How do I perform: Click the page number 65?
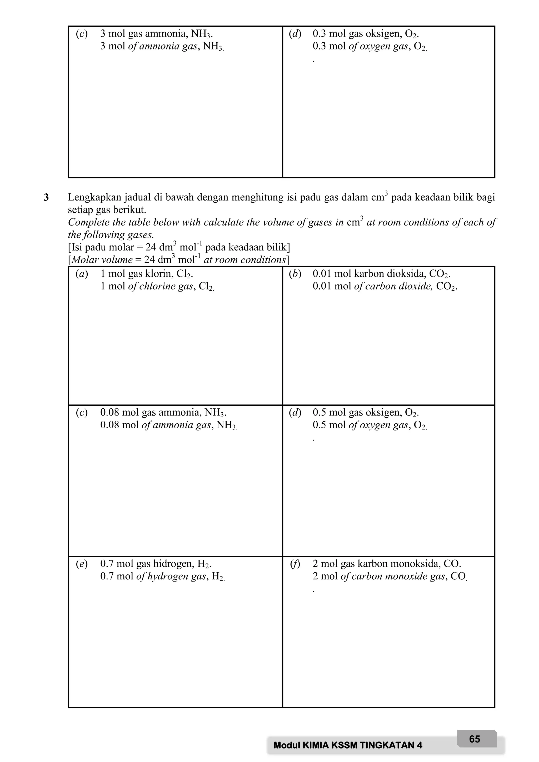tap(475, 739)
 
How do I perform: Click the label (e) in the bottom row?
tap(82, 564)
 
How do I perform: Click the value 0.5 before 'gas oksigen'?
tap(319, 413)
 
